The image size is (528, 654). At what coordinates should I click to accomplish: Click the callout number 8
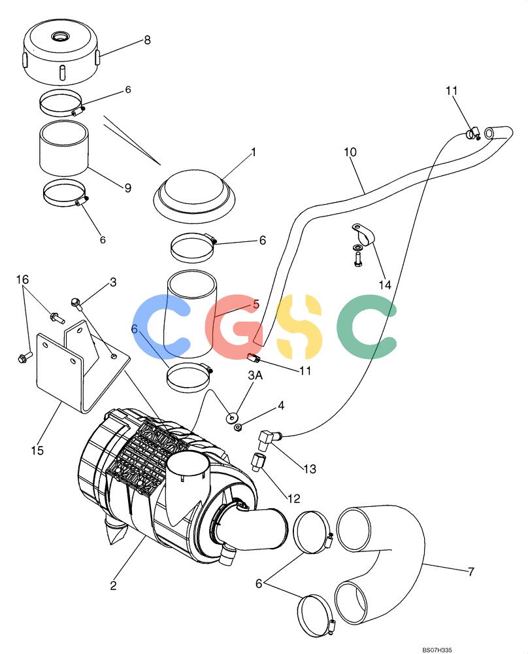(147, 40)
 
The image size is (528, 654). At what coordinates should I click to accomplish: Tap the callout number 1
(254, 152)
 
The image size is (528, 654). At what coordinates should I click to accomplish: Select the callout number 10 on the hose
(350, 152)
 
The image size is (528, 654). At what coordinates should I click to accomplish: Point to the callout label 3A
(256, 375)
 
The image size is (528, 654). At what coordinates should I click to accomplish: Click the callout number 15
(37, 451)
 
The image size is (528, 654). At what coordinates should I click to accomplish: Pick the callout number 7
(471, 571)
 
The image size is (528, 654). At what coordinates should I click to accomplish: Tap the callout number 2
(113, 585)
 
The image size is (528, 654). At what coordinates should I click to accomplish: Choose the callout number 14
(385, 285)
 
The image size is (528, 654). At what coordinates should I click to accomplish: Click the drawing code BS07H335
(437, 650)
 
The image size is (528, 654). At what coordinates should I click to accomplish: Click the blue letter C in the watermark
(161, 326)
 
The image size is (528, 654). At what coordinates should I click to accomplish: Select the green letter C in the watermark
(365, 326)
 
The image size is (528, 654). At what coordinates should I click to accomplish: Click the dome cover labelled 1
(194, 194)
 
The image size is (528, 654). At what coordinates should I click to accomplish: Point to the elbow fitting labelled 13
(267, 438)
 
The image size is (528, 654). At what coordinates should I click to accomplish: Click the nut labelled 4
(239, 428)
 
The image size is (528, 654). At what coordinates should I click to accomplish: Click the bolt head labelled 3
(76, 302)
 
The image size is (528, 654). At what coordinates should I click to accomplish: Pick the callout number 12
(293, 498)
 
